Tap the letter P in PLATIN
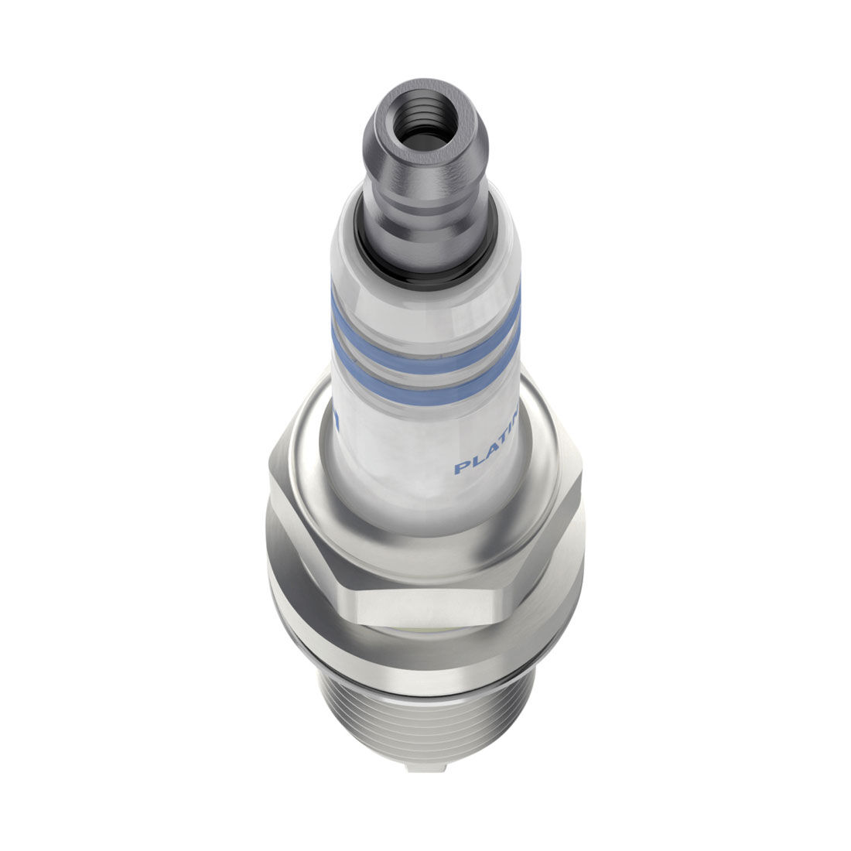460,469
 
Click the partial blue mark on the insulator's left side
337,422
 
